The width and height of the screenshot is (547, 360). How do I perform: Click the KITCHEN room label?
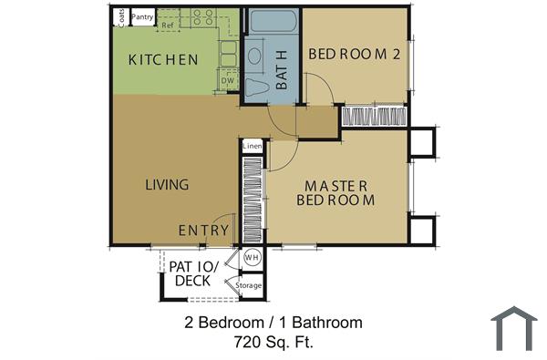(163, 60)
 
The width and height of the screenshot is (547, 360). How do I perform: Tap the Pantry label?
(142, 16)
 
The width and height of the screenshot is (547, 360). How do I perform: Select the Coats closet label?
(120, 17)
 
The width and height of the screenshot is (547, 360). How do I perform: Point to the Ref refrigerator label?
(167, 26)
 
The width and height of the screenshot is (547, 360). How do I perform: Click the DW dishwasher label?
(228, 81)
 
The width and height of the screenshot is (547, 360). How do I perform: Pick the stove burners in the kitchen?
(202, 16)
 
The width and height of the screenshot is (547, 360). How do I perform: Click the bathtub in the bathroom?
(272, 22)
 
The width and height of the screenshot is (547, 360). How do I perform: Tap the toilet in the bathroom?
(259, 86)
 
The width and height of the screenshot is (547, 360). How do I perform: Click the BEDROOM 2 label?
(355, 54)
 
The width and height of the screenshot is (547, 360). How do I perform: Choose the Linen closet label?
(253, 146)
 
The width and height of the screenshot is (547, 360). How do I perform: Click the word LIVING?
(167, 184)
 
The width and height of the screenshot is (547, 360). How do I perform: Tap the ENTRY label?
(203, 231)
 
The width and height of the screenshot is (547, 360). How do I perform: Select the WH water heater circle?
(252, 258)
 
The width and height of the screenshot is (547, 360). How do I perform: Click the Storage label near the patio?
(249, 285)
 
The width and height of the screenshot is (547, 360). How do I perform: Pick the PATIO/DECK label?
(192, 273)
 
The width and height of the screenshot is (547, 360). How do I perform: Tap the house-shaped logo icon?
(513, 328)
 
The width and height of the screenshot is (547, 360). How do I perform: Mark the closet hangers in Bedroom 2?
(374, 116)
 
